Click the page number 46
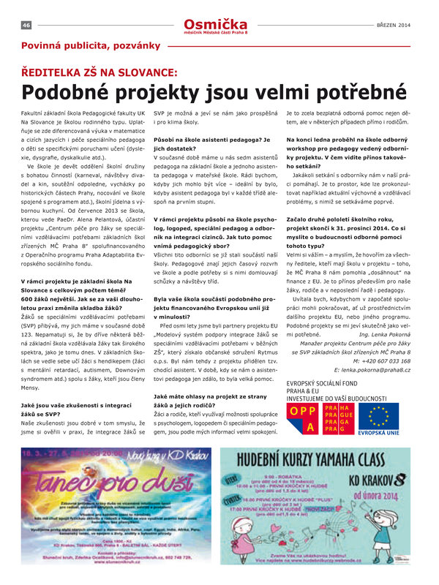coord(26,25)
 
